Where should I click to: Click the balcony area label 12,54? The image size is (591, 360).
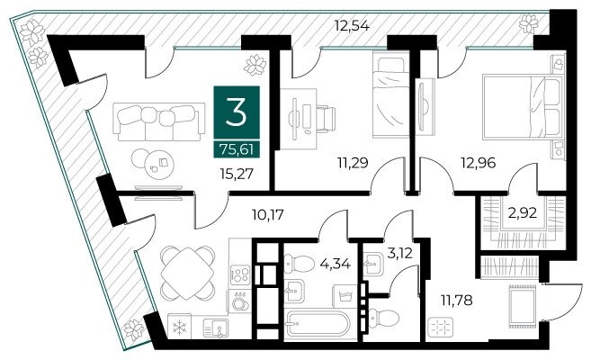[x=352, y=26]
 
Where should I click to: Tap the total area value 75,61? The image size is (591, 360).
[x=237, y=150]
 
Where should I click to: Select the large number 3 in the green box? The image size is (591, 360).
[x=237, y=112]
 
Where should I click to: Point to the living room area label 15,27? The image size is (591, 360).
[x=237, y=174]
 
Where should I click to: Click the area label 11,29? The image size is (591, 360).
[x=353, y=163]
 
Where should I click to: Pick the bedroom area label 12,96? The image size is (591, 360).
[x=479, y=163]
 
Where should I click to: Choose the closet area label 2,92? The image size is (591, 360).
[x=522, y=213]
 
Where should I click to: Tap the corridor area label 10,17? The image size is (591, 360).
[x=267, y=215]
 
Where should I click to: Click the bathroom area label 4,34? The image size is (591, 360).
[x=335, y=263]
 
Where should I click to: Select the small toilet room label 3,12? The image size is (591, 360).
[x=400, y=253]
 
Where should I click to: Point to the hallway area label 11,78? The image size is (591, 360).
[x=456, y=301]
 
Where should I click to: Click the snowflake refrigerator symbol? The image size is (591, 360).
[x=179, y=327]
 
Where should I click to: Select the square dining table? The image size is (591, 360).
[x=187, y=273]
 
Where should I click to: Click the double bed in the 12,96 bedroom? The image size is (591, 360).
[x=524, y=107]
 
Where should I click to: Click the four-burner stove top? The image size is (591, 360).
[x=240, y=274]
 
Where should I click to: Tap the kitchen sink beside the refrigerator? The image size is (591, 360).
[x=215, y=328]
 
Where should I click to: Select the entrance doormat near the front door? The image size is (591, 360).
[x=522, y=306]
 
